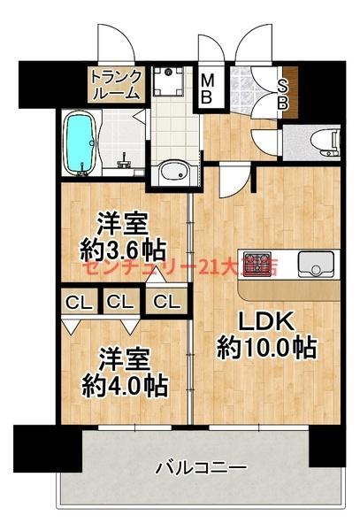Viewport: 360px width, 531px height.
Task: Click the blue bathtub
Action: [80, 142]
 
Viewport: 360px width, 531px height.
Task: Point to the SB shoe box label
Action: [283, 91]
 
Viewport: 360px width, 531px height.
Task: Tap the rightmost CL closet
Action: [165, 302]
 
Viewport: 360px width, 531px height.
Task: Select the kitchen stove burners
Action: [258, 264]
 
